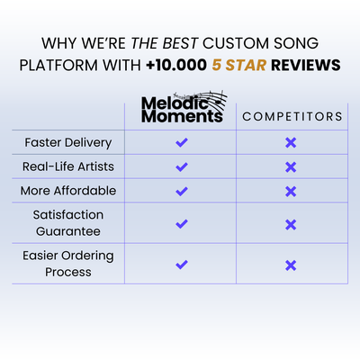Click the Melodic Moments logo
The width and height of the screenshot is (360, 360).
point(184,107)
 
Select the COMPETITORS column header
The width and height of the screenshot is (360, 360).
point(292,116)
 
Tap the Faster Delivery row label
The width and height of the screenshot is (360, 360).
point(68,142)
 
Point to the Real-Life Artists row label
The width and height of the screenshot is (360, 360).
point(68,166)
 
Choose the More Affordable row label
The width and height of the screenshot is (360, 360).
point(68,191)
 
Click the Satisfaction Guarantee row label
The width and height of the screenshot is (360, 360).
point(68,223)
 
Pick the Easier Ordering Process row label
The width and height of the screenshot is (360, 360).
point(68,264)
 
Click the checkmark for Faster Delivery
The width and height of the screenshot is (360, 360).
point(182,142)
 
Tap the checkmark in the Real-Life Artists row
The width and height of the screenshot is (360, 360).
point(182,166)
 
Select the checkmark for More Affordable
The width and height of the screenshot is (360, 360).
point(182,191)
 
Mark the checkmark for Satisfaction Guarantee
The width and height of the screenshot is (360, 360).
point(182,224)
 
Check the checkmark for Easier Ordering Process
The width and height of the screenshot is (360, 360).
point(182,265)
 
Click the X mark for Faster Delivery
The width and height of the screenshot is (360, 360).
point(291,143)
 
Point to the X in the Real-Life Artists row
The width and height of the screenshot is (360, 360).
point(291,167)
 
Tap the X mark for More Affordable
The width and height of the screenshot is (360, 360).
point(291,192)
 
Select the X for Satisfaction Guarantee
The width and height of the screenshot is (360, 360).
point(291,224)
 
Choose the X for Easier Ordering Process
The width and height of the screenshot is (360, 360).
point(291,265)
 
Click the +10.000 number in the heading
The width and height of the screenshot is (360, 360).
point(176,65)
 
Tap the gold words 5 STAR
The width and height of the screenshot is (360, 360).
point(239,65)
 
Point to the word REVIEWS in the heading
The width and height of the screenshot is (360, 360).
point(306,65)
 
